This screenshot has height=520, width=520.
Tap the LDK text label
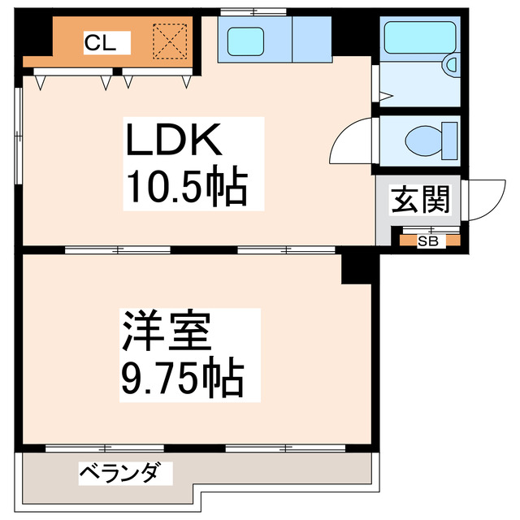[172, 143]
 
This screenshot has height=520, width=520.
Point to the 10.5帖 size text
[184, 188]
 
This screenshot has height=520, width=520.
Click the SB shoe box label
[427, 240]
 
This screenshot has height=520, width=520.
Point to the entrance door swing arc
[483, 198]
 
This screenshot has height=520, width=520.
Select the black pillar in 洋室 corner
[356, 267]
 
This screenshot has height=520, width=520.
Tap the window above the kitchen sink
[252, 11]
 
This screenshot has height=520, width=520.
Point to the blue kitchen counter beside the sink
[310, 39]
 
